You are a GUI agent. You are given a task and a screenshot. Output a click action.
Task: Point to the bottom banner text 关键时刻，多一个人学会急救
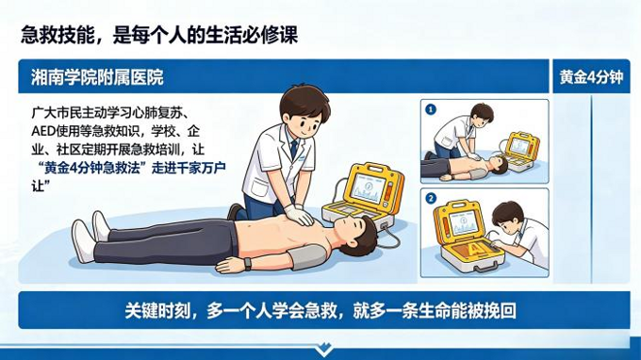tap(236, 310)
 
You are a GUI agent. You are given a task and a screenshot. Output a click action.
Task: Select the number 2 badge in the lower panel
tap(431, 199)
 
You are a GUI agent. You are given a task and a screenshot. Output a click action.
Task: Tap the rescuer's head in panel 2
tap(508, 215)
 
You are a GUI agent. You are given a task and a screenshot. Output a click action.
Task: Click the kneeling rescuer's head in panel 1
tap(481, 116)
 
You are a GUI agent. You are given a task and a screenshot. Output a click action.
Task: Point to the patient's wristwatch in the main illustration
tap(248, 263)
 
